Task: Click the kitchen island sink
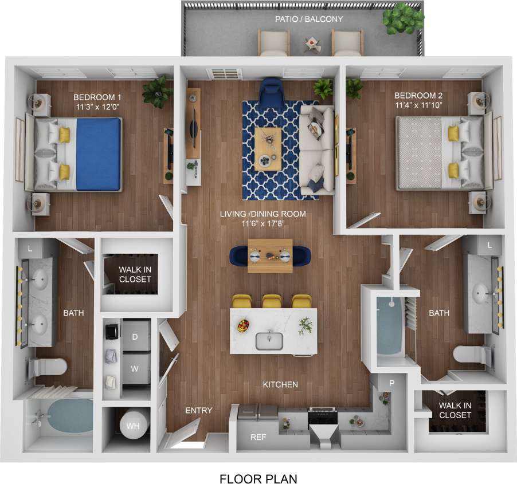pyautogui.click(x=269, y=341)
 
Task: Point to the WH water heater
pyautogui.click(x=132, y=427)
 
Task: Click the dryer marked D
pyautogui.click(x=135, y=337)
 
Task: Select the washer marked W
pyautogui.click(x=135, y=369)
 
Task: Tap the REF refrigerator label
pyautogui.click(x=258, y=437)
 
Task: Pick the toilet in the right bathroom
pyautogui.click(x=470, y=354)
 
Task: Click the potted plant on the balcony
pyautogui.click(x=404, y=20)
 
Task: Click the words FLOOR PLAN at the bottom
pyautogui.click(x=258, y=478)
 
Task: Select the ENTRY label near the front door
pyautogui.click(x=198, y=411)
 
